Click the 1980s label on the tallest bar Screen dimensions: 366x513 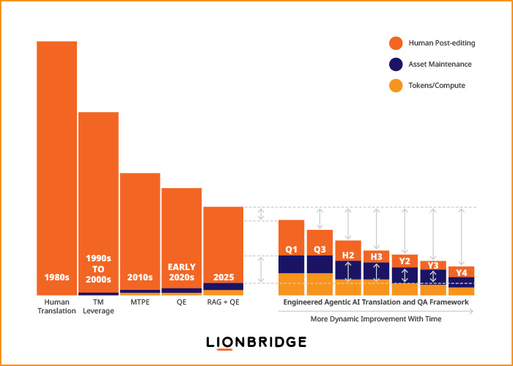click(57, 277)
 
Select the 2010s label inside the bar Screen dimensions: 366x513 click(140, 277)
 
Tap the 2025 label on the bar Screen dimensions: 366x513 click(223, 277)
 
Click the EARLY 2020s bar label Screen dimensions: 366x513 click(181, 272)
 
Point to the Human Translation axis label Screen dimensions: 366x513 click(57, 306)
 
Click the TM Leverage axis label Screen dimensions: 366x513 click(98, 306)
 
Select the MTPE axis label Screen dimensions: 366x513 click(140, 302)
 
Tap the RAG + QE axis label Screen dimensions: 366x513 click(223, 302)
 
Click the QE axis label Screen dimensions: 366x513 click(181, 302)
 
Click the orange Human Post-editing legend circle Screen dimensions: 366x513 click(396, 42)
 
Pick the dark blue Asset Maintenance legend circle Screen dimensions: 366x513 click(396, 64)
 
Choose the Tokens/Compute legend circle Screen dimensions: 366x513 click(396, 86)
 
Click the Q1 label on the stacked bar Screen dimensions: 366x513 click(291, 248)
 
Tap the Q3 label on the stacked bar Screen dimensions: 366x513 click(320, 248)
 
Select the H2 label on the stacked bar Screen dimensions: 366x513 click(348, 255)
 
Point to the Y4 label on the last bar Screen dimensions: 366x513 click(462, 273)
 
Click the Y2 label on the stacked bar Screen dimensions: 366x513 click(405, 261)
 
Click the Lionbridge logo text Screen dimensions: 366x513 click(256, 342)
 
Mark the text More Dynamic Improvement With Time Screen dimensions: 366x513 click(375, 319)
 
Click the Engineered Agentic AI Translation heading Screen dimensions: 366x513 click(375, 302)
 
